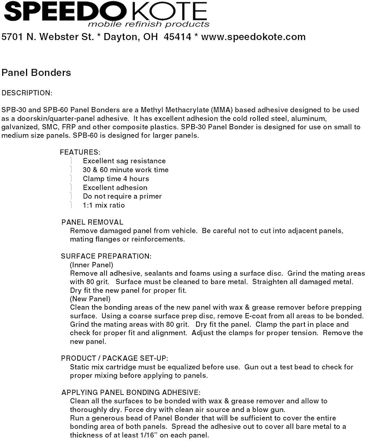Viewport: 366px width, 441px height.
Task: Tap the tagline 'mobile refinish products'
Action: (148, 24)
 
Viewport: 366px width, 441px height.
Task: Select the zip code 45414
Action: (177, 37)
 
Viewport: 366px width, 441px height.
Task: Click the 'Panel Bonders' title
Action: (36, 72)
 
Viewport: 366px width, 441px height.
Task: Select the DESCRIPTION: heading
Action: (27, 93)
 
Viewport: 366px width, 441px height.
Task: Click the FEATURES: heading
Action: (80, 152)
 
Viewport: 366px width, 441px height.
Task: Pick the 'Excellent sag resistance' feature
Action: (124, 161)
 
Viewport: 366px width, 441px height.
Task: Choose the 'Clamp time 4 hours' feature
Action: (116, 179)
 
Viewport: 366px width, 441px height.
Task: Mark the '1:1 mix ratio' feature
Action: (104, 205)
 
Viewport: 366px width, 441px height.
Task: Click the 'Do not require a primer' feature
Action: (122, 196)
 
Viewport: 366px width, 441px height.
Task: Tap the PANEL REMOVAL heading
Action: (92, 222)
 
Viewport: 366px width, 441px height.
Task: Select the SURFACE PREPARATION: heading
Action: (106, 256)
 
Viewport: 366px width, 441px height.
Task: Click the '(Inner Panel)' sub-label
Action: (92, 265)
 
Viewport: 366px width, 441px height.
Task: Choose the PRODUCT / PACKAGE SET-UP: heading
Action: (114, 359)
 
